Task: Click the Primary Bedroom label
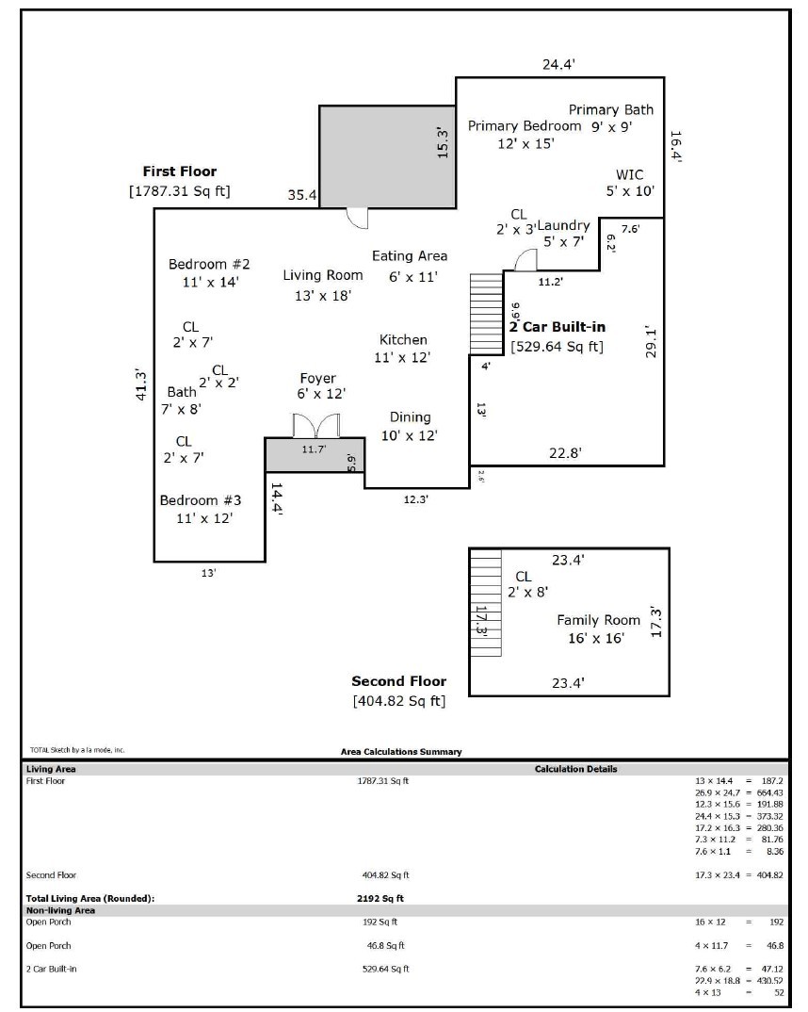(x=525, y=126)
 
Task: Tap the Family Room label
(x=598, y=620)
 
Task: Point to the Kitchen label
(x=403, y=340)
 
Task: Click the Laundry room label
(x=563, y=225)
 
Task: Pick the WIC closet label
(x=630, y=174)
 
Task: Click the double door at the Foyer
(x=315, y=426)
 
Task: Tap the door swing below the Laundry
(x=525, y=261)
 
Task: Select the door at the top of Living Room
(x=357, y=218)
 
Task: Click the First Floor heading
(x=179, y=171)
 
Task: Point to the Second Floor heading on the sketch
(x=398, y=681)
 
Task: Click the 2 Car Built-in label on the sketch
(x=558, y=327)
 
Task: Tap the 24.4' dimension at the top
(x=558, y=65)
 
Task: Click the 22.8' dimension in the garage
(x=565, y=453)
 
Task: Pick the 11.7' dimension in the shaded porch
(x=314, y=450)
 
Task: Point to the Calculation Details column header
(x=575, y=769)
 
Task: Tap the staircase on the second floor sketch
(x=486, y=603)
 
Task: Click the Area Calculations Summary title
(x=401, y=752)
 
